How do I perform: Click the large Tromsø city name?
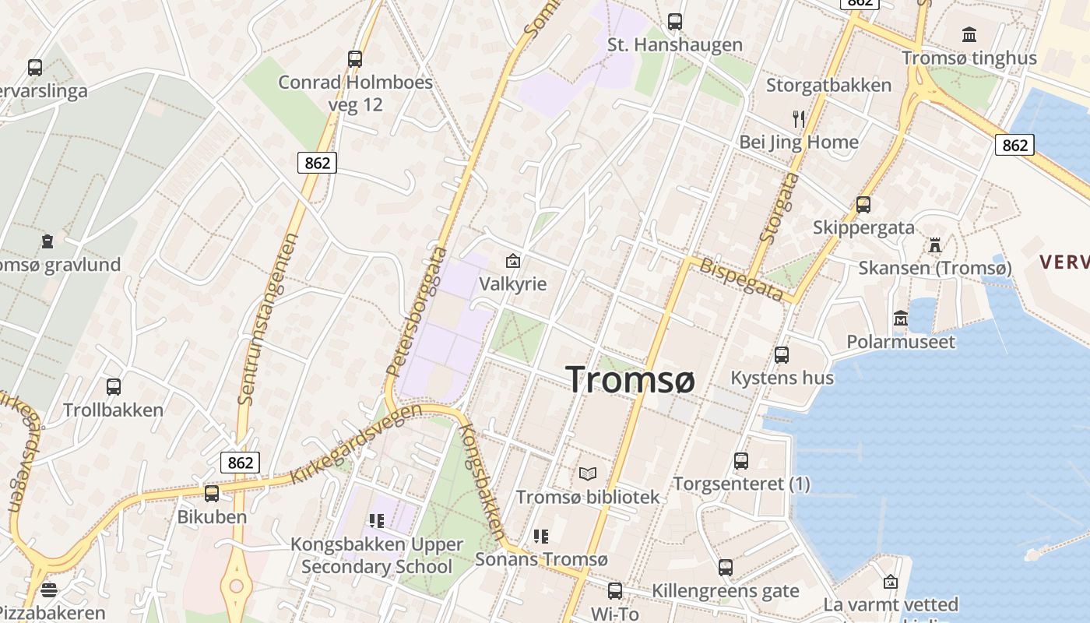630,379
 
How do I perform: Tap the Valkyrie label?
513,283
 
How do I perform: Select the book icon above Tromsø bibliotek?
588,473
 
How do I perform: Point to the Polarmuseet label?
901,341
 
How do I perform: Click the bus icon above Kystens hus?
782,355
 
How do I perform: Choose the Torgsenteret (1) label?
741,484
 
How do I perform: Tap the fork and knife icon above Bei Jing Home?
799,119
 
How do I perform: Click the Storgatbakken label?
828,85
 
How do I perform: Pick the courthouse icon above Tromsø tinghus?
969,35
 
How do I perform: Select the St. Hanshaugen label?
675,44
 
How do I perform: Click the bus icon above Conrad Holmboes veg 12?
355,58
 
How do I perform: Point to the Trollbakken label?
113,410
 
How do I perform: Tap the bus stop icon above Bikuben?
211,493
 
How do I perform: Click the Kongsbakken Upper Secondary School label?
377,555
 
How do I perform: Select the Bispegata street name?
742,279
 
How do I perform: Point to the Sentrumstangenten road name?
268,319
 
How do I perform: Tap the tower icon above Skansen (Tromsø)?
935,245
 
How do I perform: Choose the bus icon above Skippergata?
863,205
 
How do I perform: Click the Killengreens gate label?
726,591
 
